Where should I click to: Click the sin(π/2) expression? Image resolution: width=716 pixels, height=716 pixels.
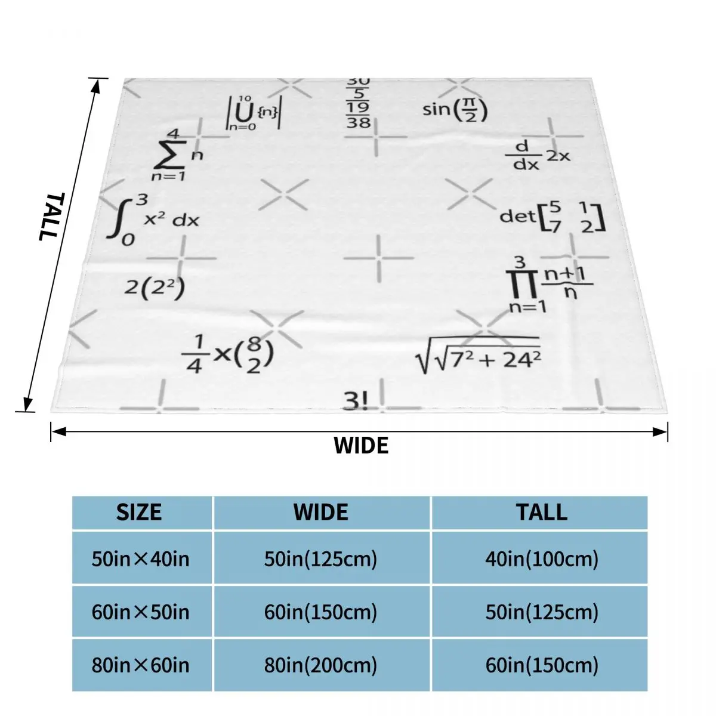[x=455, y=110]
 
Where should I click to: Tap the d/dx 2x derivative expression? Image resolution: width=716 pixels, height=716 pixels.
[x=537, y=155]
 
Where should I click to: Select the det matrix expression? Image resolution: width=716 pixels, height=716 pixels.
[x=552, y=216]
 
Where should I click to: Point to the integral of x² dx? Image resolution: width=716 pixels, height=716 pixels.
[x=152, y=218]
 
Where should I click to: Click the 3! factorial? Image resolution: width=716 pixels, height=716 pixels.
[x=356, y=402]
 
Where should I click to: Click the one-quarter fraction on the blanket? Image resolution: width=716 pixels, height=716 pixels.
[x=195, y=353]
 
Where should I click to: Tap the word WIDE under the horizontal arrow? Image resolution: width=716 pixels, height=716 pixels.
[x=360, y=446]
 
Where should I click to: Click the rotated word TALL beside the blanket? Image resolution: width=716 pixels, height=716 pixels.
[x=50, y=216]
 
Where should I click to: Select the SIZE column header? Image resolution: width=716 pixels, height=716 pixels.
[x=139, y=513]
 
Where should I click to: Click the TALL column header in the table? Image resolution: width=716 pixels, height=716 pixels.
[x=542, y=513]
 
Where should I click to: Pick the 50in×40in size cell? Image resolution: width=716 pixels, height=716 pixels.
[x=140, y=559]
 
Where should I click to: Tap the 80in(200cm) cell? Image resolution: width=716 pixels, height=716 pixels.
[x=321, y=665]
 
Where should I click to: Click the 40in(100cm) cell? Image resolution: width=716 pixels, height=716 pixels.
[x=542, y=559]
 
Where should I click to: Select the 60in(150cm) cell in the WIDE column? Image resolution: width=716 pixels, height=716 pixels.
[x=321, y=612]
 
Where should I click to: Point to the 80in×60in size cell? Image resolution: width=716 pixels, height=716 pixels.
[x=140, y=665]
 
